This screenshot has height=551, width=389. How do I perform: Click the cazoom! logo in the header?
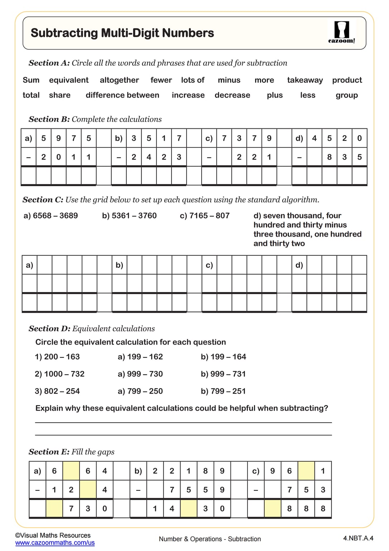pyautogui.click(x=341, y=32)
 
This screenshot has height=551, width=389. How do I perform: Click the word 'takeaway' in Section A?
pyautogui.click(x=305, y=80)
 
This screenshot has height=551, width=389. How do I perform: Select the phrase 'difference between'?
pyautogui.click(x=122, y=95)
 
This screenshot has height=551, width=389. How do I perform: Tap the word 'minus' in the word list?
pyautogui.click(x=229, y=80)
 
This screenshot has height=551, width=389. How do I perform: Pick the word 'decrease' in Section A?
pyautogui.click(x=232, y=95)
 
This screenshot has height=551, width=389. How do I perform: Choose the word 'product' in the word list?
pyautogui.click(x=347, y=80)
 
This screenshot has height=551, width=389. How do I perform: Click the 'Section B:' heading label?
pyautogui.click(x=49, y=119)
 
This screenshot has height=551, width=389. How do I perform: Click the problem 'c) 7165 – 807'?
pyautogui.click(x=205, y=216)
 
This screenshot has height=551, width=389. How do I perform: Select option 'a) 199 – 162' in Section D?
pyautogui.click(x=140, y=357)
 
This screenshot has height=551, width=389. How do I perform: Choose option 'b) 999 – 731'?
pyautogui.click(x=223, y=374)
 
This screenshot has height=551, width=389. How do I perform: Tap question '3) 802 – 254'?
pyautogui.click(x=57, y=391)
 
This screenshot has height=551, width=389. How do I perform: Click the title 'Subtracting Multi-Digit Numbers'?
pyautogui.click(x=122, y=33)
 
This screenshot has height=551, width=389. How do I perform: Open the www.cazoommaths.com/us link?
pyautogui.click(x=55, y=543)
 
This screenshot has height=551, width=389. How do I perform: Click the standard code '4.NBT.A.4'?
pyautogui.click(x=358, y=538)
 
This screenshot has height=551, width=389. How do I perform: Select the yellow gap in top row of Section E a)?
pyautogui.click(x=71, y=471)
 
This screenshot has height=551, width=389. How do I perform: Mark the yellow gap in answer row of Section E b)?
pyautogui.click(x=188, y=508)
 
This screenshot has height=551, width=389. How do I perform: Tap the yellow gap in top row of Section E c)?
pyautogui.click(x=306, y=471)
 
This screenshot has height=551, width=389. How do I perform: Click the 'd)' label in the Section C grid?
pyautogui.click(x=299, y=265)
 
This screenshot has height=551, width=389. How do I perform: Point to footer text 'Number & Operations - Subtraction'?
pyautogui.click(x=210, y=539)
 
